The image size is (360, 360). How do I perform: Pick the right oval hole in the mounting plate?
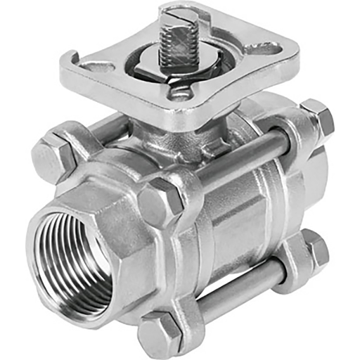pyautogui.click(x=268, y=49)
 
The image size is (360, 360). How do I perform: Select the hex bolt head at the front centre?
pyautogui.click(x=160, y=198)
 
